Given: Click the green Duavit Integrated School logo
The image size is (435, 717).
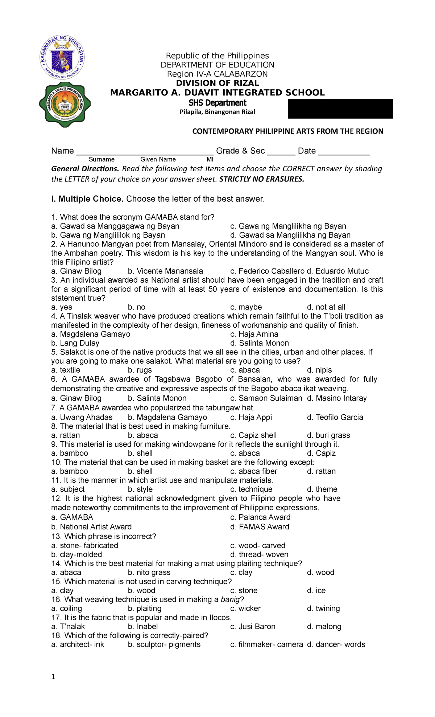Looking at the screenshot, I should (65, 105).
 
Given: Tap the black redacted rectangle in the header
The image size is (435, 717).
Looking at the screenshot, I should (340, 108).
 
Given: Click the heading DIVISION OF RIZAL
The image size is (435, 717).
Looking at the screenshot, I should (217, 83).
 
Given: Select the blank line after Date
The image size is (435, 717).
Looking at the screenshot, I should (344, 152).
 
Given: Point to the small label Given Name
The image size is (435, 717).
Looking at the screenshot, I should (158, 159).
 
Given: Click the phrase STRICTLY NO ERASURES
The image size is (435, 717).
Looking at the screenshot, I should (262, 179).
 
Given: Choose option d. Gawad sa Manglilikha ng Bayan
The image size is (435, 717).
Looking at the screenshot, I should (290, 235).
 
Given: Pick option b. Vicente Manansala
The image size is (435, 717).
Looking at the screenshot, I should (165, 271).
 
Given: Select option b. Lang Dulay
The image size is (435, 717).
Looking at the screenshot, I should (75, 343).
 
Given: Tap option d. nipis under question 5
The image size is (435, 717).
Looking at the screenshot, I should (319, 370).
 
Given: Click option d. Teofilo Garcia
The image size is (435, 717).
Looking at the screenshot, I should (335, 417).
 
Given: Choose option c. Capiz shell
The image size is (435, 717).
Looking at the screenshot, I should (253, 435).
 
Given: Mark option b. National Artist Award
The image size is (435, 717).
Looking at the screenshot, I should (91, 527).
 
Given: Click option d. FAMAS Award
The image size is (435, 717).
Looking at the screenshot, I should (260, 527).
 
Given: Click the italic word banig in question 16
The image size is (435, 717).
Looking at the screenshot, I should (230, 599).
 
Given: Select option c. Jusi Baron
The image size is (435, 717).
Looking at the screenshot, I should (253, 626).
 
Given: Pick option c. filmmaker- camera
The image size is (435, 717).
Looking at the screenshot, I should (266, 644).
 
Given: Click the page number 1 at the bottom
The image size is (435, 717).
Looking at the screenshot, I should (53, 677).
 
